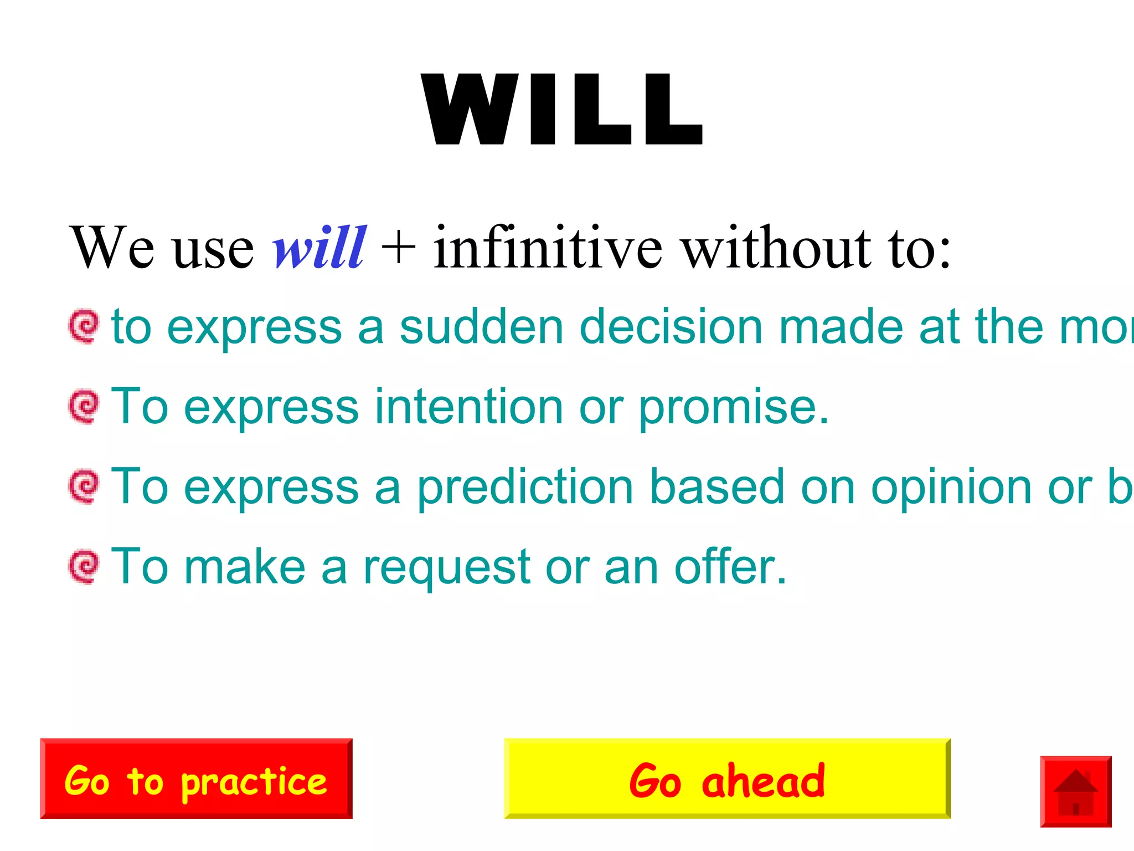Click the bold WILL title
pos(561,109)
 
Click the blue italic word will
pos(319,248)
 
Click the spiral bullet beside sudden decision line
pos(84,326)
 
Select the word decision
pos(671,327)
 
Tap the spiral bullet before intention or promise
pos(84,406)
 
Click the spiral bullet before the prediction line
pos(84,486)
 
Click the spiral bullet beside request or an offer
pos(84,566)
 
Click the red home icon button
pos(1075,791)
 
